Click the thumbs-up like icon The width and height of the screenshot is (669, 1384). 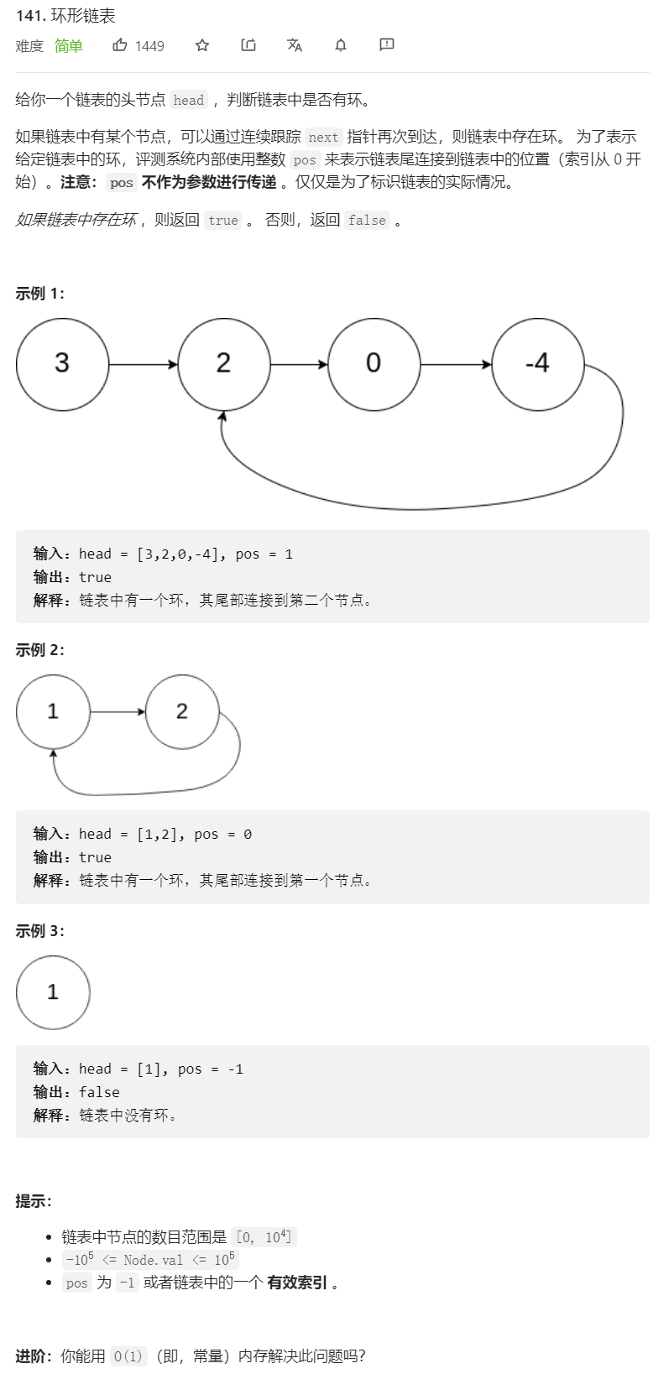click(x=120, y=45)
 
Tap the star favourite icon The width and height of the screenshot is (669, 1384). click(x=202, y=45)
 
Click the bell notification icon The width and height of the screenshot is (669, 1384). click(x=341, y=45)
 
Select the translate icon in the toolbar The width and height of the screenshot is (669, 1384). click(x=295, y=45)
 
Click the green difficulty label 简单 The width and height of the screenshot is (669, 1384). click(x=69, y=46)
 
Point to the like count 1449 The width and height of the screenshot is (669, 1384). click(x=149, y=46)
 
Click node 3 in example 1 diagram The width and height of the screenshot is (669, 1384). click(x=62, y=364)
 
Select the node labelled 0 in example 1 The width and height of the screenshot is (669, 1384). click(x=374, y=364)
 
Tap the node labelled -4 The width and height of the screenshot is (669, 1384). click(x=537, y=364)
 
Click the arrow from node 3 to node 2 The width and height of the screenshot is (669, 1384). click(x=143, y=365)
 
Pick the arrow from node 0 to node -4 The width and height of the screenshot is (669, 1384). click(x=456, y=365)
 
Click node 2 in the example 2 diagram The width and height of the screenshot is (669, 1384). click(x=182, y=712)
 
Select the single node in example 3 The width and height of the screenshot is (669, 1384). click(x=53, y=992)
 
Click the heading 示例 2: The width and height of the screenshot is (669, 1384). click(x=39, y=650)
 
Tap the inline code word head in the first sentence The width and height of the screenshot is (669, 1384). click(x=189, y=101)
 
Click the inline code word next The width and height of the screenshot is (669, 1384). click(x=323, y=138)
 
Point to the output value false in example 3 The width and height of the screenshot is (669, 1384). click(x=99, y=1092)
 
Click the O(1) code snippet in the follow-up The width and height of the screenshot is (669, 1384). click(x=128, y=1356)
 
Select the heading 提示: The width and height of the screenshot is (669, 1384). click(x=34, y=1201)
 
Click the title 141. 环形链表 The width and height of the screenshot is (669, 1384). click(x=65, y=16)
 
